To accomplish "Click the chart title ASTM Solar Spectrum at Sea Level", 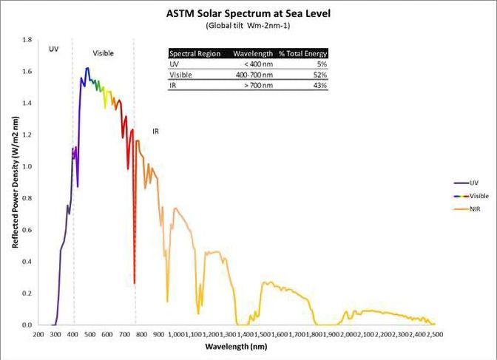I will pos(248,13).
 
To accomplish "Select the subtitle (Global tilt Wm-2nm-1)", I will pos(248,27).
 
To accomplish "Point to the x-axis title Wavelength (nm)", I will pos(236,346).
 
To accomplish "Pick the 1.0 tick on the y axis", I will pos(27,167).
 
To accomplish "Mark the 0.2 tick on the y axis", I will pos(27,293).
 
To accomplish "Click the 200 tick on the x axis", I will pos(38,334).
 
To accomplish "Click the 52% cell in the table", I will pos(321,75).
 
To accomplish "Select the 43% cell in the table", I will pos(321,86).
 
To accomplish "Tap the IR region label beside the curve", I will pos(156,132).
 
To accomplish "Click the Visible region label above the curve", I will pos(103,54).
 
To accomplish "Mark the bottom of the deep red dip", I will pos(134,283).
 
